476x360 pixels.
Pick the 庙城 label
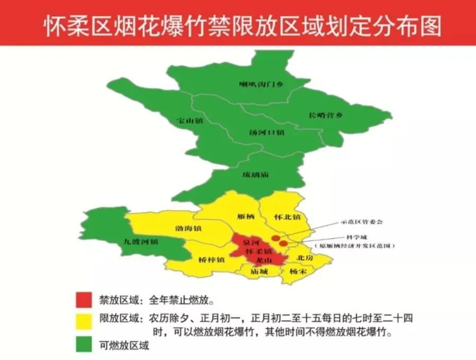click(259, 271)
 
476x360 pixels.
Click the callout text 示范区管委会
click(362, 221)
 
